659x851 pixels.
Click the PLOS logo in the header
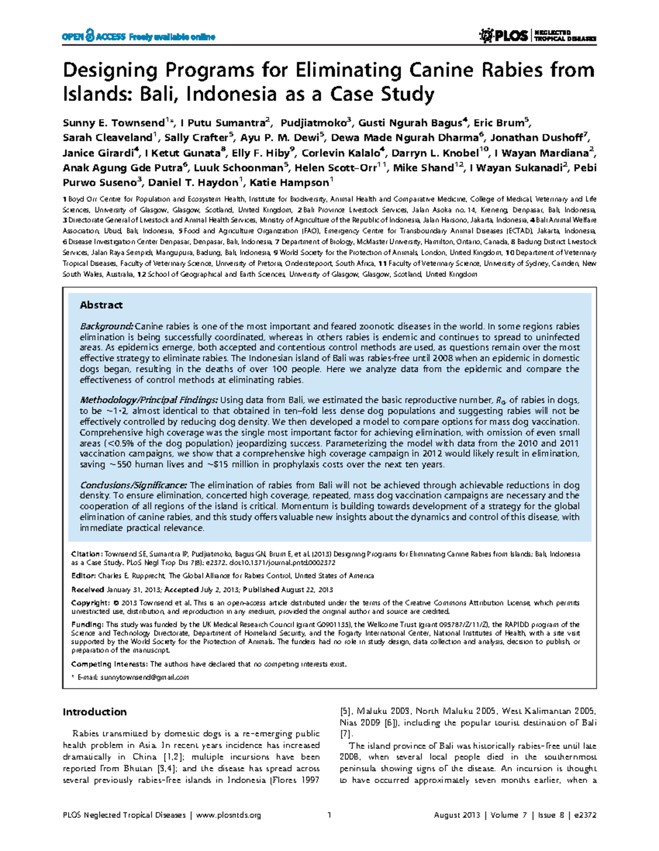(504, 36)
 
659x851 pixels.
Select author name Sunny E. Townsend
(114, 123)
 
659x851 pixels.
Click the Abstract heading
(101, 305)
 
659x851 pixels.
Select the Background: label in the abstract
(107, 327)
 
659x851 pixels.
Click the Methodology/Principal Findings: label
(149, 400)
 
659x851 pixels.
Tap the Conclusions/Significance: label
(133, 485)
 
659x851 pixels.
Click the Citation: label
(87, 554)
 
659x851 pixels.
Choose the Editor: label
(83, 576)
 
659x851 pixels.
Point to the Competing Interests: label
(110, 664)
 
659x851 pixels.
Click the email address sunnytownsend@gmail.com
(144, 677)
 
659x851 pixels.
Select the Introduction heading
(94, 712)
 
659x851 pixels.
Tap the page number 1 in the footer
(329, 815)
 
